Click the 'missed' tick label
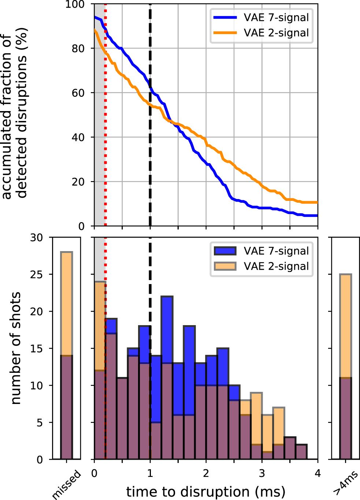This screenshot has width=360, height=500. point(67,485)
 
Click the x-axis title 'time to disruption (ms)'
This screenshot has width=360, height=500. point(205,492)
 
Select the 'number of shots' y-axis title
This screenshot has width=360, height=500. point(15,348)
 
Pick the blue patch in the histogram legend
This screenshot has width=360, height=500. point(225,251)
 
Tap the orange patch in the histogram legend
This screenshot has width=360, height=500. point(225,266)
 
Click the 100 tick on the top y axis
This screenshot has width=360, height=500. point(75,4)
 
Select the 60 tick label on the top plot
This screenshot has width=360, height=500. point(78,93)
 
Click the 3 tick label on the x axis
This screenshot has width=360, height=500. point(261,473)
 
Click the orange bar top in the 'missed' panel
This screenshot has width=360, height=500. point(67,253)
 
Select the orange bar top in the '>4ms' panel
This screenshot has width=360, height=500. point(345,275)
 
